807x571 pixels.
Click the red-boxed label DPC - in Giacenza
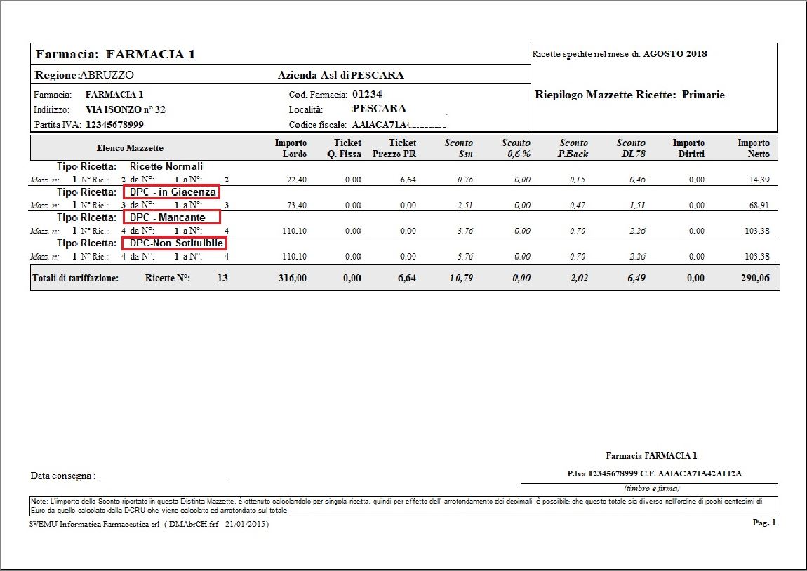coord(172,192)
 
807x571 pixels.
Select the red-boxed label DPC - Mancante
coord(171,217)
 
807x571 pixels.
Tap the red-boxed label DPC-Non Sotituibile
coord(175,243)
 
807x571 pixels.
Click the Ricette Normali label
coord(166,166)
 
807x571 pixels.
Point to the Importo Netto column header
coord(754,149)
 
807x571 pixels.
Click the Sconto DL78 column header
coord(631,149)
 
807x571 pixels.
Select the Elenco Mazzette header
coord(130,148)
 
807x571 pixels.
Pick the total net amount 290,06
coord(754,278)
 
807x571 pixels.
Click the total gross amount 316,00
coord(293,278)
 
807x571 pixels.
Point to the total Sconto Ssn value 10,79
coord(460,278)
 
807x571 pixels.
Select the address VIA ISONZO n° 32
coord(125,109)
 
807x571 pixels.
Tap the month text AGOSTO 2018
coord(675,54)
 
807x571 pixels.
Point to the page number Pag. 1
coord(764,523)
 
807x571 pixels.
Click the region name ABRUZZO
coord(107,75)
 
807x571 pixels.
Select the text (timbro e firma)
coord(651,488)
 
